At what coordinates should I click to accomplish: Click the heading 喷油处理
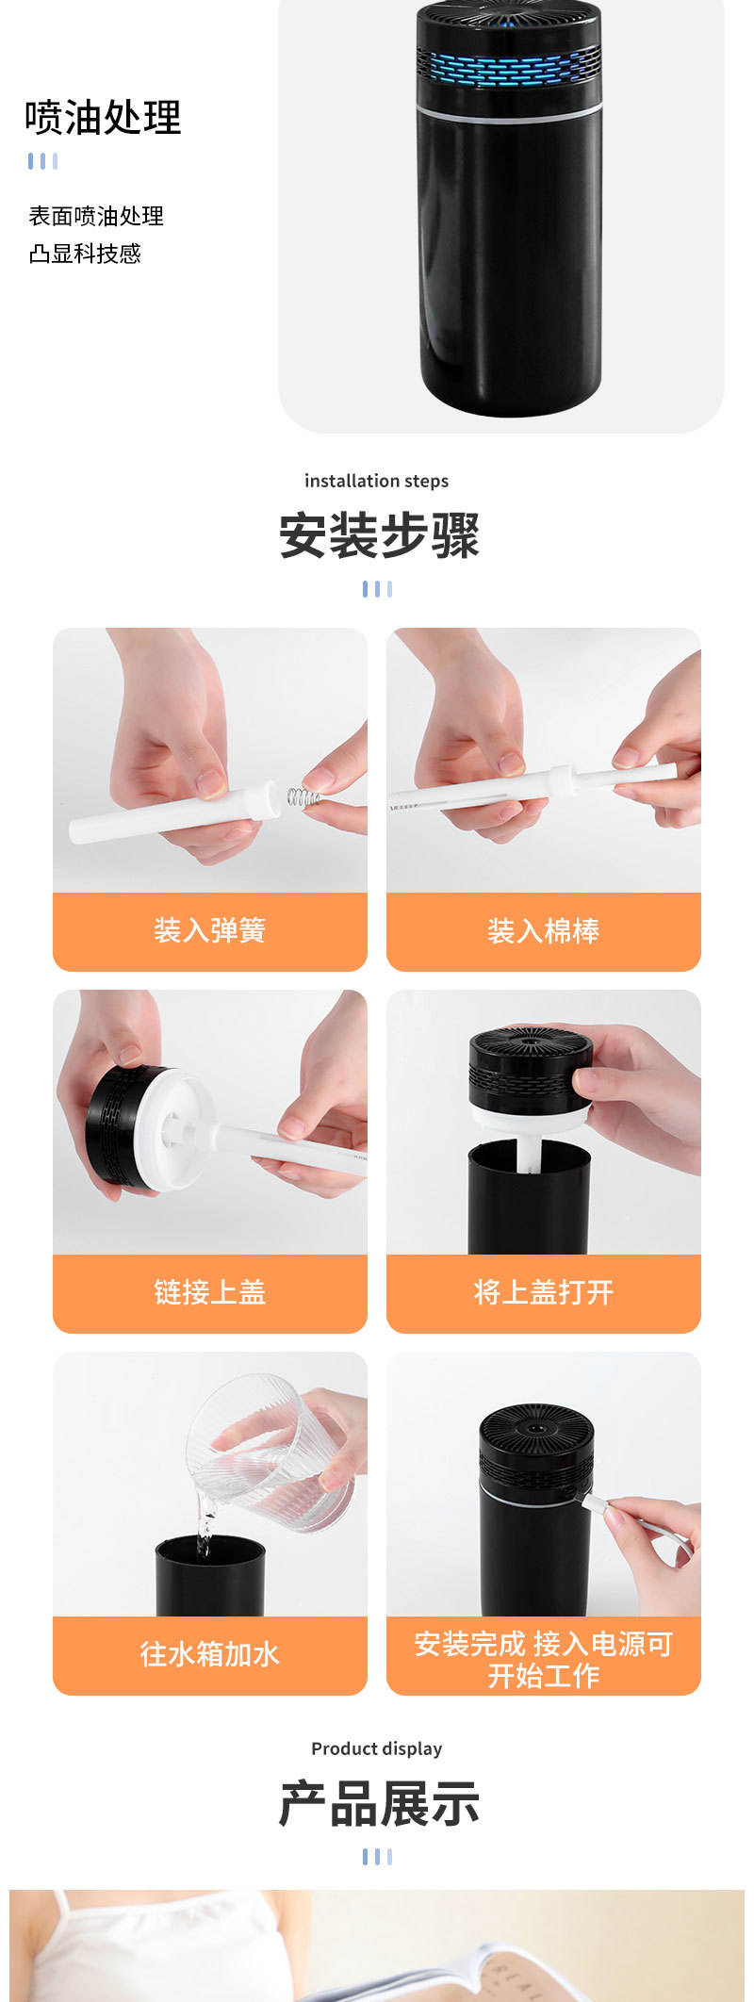pos(103,118)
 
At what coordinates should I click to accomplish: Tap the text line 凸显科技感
pos(85,254)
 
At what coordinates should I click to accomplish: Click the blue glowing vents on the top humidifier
pos(508,69)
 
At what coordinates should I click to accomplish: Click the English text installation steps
pos(376,481)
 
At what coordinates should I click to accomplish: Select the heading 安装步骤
pos(378,535)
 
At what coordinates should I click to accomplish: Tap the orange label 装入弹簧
pos(209,931)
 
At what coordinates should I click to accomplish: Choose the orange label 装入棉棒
pos(543,931)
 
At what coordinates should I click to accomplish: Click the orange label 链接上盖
pos(209,1292)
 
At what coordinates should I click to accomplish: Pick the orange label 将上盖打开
pos(543,1292)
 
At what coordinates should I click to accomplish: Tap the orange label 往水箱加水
pos(209,1654)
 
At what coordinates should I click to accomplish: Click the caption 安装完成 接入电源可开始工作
pos(543,1659)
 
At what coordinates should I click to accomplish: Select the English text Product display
pos(376,1748)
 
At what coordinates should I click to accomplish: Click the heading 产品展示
pos(378,1803)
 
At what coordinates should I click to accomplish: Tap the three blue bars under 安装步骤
pos(377,589)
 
